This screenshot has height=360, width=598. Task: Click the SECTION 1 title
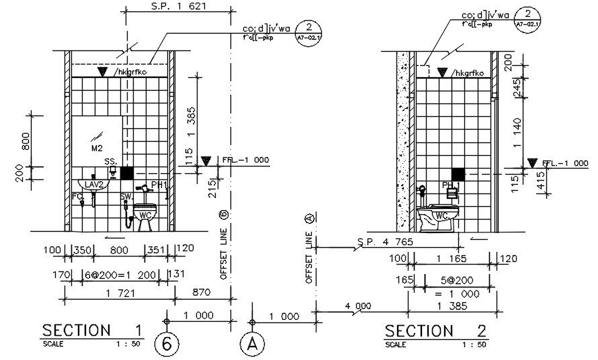pyautogui.click(x=92, y=330)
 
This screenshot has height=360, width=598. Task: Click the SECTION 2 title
pyautogui.click(x=437, y=330)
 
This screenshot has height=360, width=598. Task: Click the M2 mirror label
pyautogui.click(x=96, y=146)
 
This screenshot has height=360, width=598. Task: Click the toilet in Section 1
pyautogui.click(x=144, y=214)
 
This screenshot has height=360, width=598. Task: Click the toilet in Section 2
pyautogui.click(x=437, y=218)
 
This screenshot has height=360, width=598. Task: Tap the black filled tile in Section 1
pyautogui.click(x=127, y=173)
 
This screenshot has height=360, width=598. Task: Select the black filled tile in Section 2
pyautogui.click(x=458, y=173)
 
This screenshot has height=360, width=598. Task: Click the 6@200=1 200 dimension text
pyautogui.click(x=114, y=274)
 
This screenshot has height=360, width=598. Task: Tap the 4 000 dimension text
pyautogui.click(x=357, y=306)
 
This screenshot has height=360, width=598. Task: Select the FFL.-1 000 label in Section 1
pyautogui.click(x=245, y=161)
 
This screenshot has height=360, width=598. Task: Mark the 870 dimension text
pyautogui.click(x=202, y=293)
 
